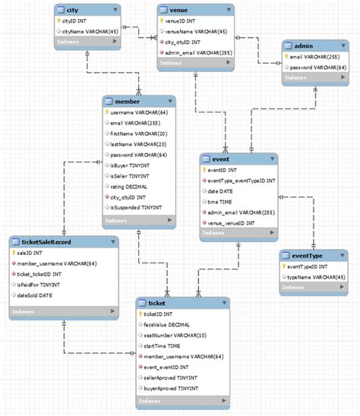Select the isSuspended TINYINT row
[x=136, y=207]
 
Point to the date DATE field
[x=222, y=191]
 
